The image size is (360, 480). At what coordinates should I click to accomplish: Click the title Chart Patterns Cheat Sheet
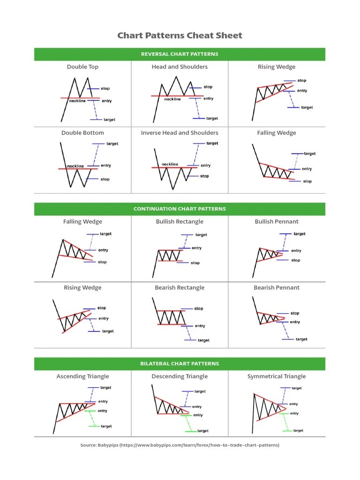(x=180, y=36)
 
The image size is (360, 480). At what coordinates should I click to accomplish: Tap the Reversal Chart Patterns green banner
(x=180, y=54)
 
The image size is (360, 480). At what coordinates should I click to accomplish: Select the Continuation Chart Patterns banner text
(x=180, y=209)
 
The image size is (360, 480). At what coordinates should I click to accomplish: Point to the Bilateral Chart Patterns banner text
(x=180, y=364)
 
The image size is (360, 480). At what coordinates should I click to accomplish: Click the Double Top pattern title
(x=82, y=67)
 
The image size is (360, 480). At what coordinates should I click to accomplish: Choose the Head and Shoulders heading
(x=180, y=67)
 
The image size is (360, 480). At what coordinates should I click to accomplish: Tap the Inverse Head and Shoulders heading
(x=180, y=133)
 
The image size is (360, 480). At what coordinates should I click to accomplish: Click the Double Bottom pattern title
(x=82, y=133)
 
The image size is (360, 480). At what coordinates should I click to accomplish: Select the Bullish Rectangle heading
(x=180, y=222)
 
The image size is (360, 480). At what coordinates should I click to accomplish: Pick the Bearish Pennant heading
(x=277, y=288)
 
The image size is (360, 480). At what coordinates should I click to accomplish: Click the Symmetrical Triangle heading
(x=277, y=376)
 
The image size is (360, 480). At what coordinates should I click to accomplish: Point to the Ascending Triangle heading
(x=82, y=376)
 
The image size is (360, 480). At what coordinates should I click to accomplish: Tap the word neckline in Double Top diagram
(x=77, y=101)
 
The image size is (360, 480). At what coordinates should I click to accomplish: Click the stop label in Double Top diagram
(x=105, y=89)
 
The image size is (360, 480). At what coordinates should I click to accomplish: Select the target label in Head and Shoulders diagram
(x=212, y=119)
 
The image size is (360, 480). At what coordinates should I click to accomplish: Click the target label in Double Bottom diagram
(x=112, y=143)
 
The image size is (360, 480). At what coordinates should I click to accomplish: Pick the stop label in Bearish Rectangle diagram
(x=199, y=308)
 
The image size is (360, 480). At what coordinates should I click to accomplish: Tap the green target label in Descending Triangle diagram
(x=203, y=431)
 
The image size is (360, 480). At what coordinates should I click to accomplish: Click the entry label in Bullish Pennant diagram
(x=296, y=251)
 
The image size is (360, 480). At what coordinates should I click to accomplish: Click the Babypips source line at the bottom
(x=180, y=445)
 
